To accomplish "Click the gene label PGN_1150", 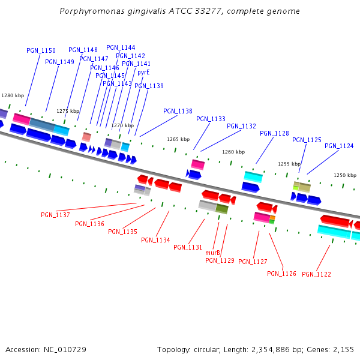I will (41, 51).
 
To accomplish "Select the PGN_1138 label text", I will (178, 111).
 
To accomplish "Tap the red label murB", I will (212, 253).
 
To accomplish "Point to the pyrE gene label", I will (143, 73).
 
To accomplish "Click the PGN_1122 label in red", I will (316, 274).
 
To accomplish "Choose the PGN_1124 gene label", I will (339, 146).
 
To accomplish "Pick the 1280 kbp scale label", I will (13, 95).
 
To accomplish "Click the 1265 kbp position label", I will (178, 139).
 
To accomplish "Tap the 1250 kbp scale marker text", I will (345, 175).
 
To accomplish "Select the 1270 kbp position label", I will (122, 125).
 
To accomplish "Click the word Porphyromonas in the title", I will (88, 11).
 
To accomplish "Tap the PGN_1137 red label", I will (55, 215).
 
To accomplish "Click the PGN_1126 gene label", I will (281, 274).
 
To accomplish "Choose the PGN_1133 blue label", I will (211, 119).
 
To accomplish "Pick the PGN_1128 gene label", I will (274, 133).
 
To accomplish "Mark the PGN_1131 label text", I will (188, 247).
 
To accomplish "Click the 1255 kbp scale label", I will (289, 164).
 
